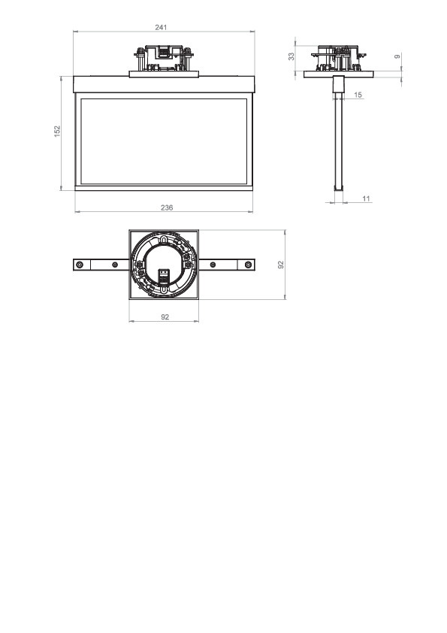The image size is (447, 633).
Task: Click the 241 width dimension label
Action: pyautogui.click(x=161, y=28)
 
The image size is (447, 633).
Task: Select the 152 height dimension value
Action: pyautogui.click(x=57, y=131)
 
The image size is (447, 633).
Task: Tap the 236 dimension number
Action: pyautogui.click(x=167, y=207)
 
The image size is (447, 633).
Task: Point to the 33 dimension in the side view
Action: pyautogui.click(x=291, y=56)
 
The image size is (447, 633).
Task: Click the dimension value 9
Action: pyautogui.click(x=397, y=56)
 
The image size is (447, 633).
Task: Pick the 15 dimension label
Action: pyautogui.click(x=358, y=95)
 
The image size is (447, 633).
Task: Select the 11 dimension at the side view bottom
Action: pyautogui.click(x=366, y=198)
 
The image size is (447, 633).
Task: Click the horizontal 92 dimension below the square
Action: pyautogui.click(x=165, y=317)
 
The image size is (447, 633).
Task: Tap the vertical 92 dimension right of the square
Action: pyautogui.click(x=281, y=265)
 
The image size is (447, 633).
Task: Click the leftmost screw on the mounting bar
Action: pyautogui.click(x=80, y=265)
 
